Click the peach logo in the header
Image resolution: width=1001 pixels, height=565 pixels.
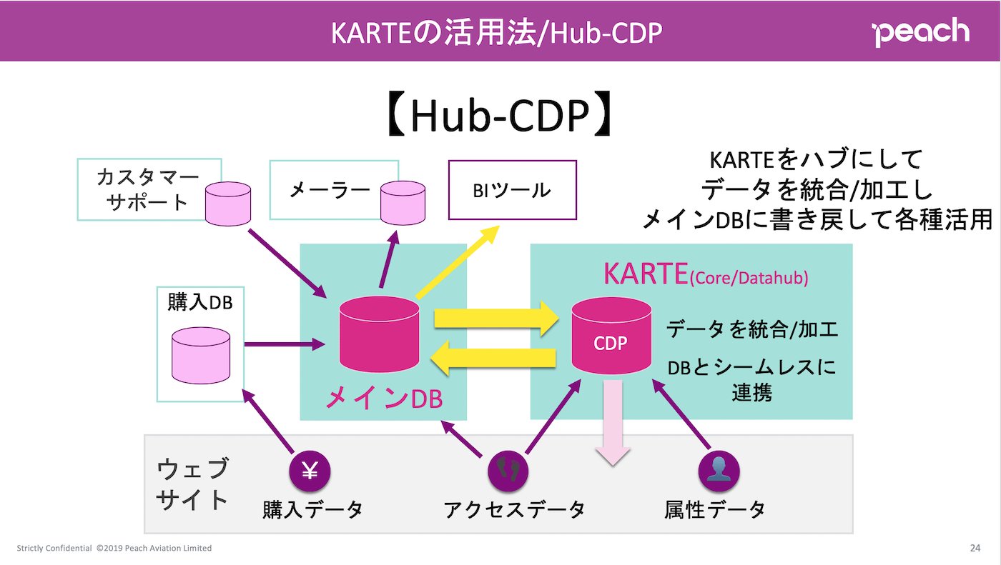(921, 32)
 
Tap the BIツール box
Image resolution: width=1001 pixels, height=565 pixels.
(511, 190)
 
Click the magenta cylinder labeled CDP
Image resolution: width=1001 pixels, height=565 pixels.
(611, 335)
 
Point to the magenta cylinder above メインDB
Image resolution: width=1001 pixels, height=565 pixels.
(379, 333)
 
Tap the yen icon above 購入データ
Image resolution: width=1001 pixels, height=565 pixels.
(310, 471)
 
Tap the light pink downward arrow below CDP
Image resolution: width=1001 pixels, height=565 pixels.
(613, 424)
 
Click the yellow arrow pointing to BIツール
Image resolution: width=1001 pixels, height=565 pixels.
(458, 262)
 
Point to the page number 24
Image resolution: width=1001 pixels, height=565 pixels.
(975, 549)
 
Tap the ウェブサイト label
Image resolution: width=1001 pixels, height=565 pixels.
(192, 484)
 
